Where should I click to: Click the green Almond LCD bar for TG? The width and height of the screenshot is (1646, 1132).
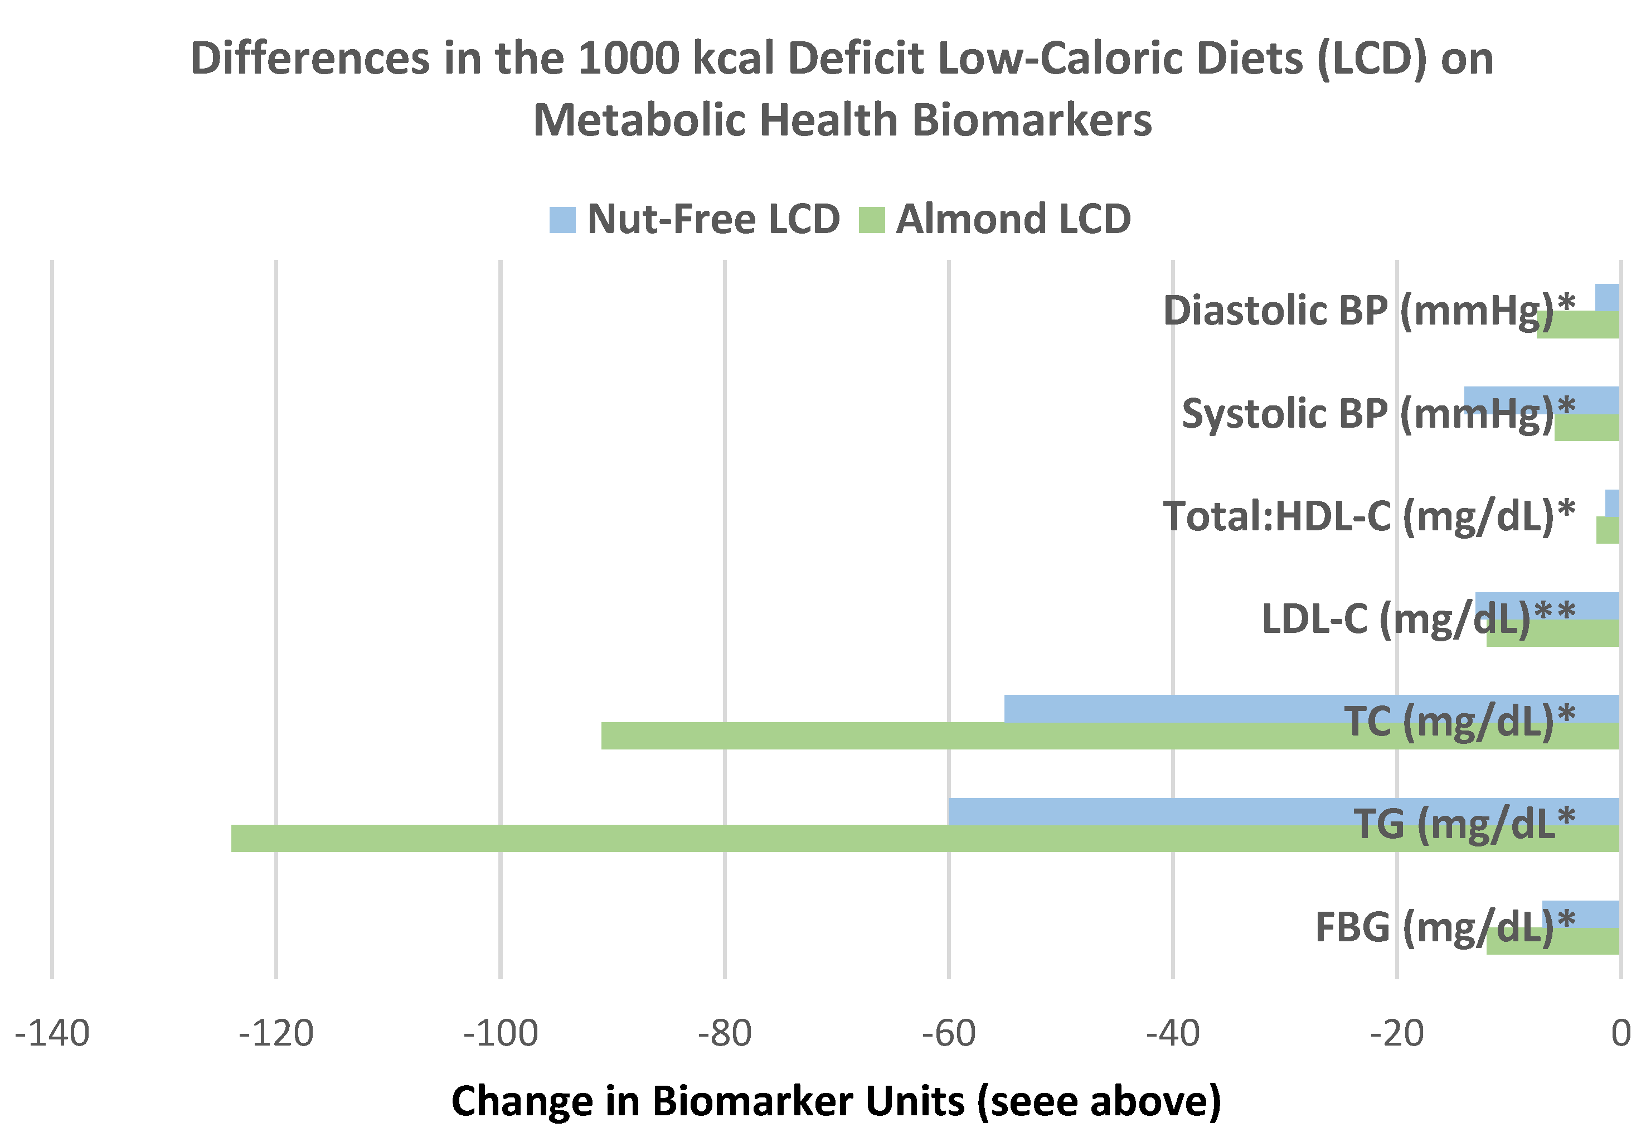(780, 838)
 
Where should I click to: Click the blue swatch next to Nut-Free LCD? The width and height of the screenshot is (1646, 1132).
(562, 220)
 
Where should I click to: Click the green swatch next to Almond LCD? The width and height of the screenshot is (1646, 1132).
(871, 220)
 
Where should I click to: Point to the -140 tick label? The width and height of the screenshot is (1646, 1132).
(52, 1034)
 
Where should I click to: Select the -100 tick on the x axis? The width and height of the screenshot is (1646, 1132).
(501, 1034)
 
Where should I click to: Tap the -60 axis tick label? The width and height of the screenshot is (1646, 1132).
(949, 1034)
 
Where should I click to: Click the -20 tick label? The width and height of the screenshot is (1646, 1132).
(1396, 1034)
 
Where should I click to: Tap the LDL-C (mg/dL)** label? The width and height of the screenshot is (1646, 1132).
(1417, 618)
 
